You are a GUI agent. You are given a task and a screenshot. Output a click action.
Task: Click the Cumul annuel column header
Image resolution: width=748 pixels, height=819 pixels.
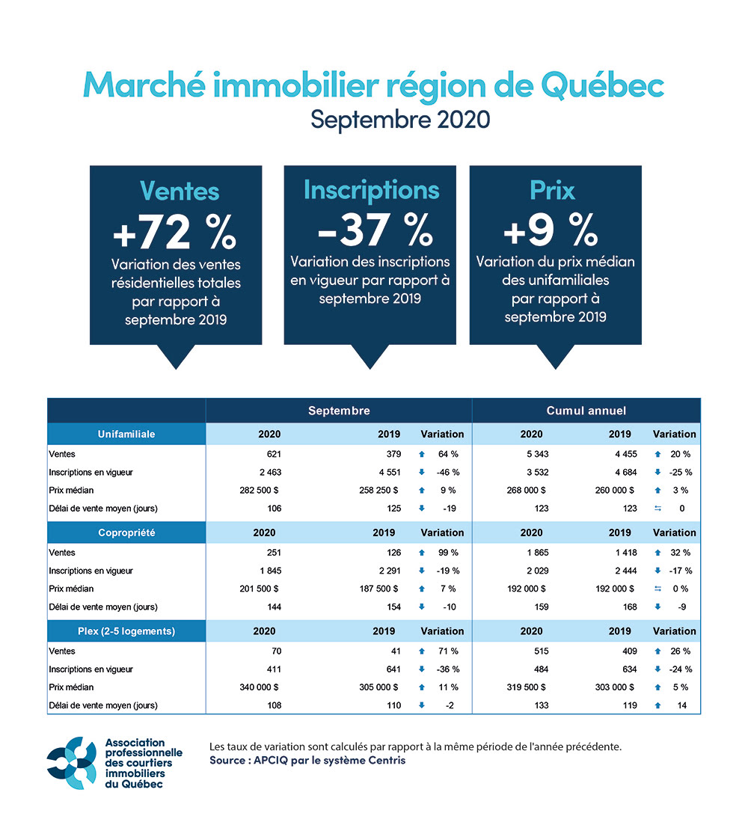point(586,411)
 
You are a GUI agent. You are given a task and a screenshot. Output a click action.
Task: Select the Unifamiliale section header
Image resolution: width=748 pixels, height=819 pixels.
point(126,434)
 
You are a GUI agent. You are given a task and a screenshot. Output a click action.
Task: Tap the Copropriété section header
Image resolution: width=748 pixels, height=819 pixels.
point(126,533)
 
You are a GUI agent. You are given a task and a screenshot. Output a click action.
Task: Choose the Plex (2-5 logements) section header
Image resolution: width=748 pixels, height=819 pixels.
point(126,631)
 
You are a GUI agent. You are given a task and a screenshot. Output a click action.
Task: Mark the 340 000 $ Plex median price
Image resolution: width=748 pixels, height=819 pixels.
point(256,687)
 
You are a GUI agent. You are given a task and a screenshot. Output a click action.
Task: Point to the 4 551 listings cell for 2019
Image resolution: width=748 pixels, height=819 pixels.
point(387,472)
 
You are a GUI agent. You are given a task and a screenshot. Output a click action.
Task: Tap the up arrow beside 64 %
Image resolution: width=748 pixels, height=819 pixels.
point(422,453)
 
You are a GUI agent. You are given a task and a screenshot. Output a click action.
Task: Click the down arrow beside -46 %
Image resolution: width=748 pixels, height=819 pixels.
point(422,472)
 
